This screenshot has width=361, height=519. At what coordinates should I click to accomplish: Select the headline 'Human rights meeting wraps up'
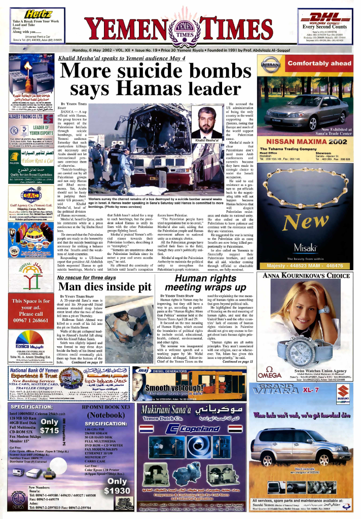pyautogui.click(x=204, y=283)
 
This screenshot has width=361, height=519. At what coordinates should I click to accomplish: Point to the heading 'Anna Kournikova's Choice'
pyautogui.click(x=306, y=276)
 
